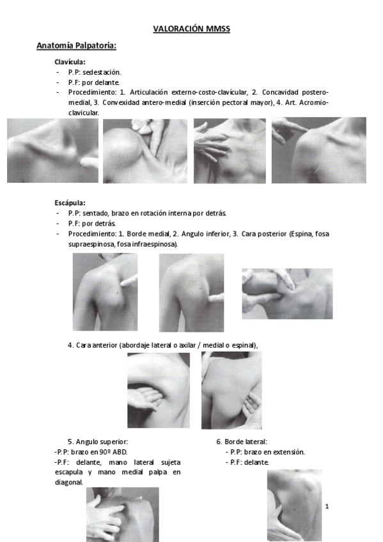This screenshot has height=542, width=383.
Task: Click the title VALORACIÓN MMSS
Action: (191, 29)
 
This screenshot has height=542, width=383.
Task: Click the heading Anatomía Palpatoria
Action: (76, 46)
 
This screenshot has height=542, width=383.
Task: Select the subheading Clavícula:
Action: (70, 62)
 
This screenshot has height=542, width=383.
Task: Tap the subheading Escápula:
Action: (70, 203)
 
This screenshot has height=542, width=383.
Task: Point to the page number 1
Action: (327, 507)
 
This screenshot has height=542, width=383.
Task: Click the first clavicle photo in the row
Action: (52, 150)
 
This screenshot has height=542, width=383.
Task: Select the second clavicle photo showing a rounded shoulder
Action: (145, 151)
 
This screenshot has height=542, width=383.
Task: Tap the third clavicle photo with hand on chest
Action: (229, 151)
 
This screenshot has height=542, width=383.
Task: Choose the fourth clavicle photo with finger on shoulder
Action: (318, 150)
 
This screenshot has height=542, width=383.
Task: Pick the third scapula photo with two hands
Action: (286, 293)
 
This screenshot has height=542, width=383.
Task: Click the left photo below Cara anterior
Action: (159, 390)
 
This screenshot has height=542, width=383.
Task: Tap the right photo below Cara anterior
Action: (231, 390)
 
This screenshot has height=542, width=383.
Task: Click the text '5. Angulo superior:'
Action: (98, 442)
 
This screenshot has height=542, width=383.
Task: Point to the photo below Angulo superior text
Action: (122, 514)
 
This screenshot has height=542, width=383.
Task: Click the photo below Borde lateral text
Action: (294, 505)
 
